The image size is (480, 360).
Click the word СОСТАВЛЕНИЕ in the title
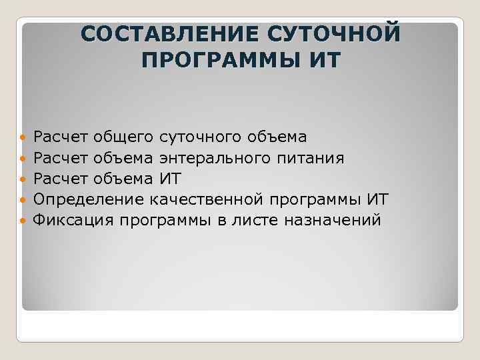point(170,34)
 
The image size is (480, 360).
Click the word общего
point(125,138)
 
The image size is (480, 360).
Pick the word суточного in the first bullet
point(201,138)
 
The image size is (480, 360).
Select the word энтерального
point(213,159)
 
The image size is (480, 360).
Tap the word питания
point(307,159)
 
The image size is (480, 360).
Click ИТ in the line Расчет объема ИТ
point(170,179)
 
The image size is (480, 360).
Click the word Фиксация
point(74,220)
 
